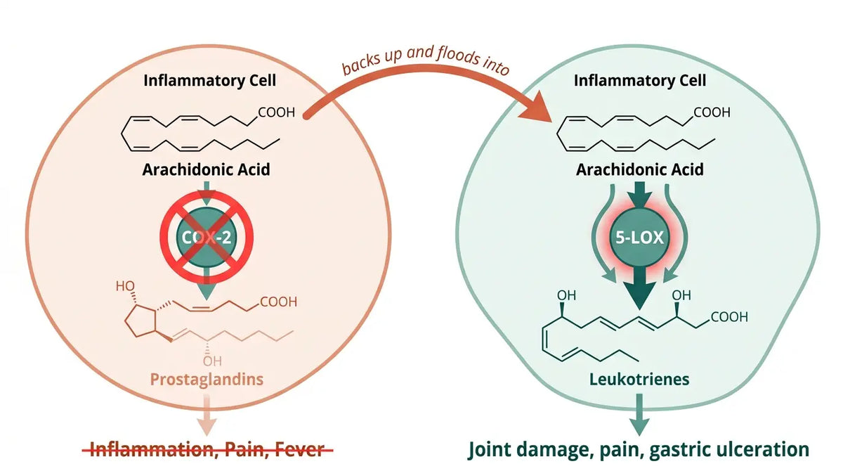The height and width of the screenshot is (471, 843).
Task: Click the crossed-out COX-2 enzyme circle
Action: pyautogui.click(x=207, y=237)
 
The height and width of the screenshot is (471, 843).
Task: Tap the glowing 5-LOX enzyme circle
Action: pyautogui.click(x=639, y=238)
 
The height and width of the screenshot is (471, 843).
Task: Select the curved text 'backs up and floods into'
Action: pyautogui.click(x=426, y=60)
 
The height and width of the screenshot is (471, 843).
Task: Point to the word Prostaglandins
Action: pyautogui.click(x=207, y=379)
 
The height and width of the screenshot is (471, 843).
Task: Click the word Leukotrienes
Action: pyautogui.click(x=639, y=379)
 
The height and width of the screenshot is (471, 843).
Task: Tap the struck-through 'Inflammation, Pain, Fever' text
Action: pyautogui.click(x=207, y=449)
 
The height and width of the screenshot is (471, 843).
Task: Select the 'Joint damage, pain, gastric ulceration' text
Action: pyautogui.click(x=639, y=449)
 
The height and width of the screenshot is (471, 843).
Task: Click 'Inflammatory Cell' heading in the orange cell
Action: pyautogui.click(x=209, y=81)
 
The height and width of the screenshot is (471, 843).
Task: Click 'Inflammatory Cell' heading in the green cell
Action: pyautogui.click(x=640, y=81)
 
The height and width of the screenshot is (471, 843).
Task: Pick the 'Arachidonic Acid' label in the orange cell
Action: pyautogui.click(x=207, y=169)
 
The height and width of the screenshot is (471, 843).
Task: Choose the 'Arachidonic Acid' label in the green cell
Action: pyautogui.click(x=640, y=169)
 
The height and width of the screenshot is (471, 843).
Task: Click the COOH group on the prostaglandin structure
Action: pyautogui.click(x=278, y=302)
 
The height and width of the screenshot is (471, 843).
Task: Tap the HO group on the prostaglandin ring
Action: pyautogui.click(x=125, y=286)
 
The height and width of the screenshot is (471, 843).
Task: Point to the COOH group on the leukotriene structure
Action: pyautogui.click(x=729, y=317)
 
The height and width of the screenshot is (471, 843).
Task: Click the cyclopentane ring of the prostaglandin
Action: pyautogui.click(x=140, y=321)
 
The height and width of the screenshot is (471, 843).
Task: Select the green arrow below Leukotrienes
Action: pyautogui.click(x=639, y=415)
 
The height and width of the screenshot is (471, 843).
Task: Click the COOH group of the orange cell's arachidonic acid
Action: pyautogui.click(x=276, y=112)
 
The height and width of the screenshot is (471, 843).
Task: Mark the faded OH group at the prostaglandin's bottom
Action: pyautogui.click(x=212, y=361)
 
